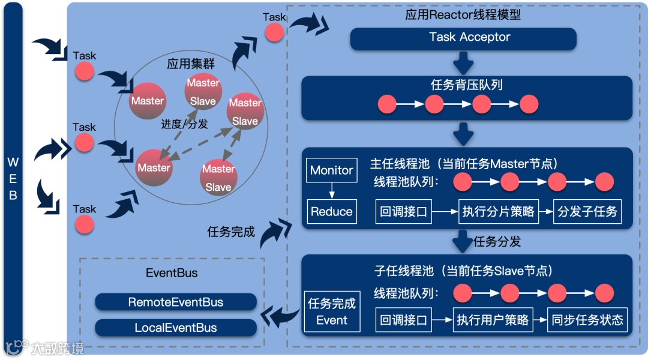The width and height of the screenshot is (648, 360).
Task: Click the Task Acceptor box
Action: click(x=463, y=38)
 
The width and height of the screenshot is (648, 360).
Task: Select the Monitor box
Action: click(x=331, y=170)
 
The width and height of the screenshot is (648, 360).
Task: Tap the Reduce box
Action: click(x=331, y=211)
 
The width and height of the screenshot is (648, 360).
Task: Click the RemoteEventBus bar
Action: click(x=176, y=302)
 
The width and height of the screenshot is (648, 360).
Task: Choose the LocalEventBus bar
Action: click(x=176, y=328)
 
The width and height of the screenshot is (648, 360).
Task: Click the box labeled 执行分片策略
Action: click(x=499, y=211)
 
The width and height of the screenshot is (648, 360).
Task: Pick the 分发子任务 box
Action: click(x=587, y=211)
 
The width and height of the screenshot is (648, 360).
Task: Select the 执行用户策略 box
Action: click(x=492, y=320)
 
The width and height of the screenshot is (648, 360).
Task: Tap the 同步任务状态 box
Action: click(x=587, y=320)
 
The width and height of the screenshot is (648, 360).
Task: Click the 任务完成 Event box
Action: click(x=332, y=311)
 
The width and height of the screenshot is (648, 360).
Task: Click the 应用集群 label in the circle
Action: click(x=191, y=64)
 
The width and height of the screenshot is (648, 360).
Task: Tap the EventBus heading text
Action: click(x=172, y=273)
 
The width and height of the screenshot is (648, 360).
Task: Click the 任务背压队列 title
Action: click(x=467, y=85)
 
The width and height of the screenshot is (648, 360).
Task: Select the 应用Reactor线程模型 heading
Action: click(x=463, y=14)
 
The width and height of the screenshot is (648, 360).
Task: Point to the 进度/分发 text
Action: click(x=184, y=124)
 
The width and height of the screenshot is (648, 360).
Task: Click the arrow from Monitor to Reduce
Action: click(x=331, y=191)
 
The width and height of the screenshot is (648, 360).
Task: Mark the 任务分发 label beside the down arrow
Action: click(x=497, y=242)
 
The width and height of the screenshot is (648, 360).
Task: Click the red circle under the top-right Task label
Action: click(x=274, y=32)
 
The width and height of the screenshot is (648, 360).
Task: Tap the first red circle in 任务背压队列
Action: click(x=388, y=104)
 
